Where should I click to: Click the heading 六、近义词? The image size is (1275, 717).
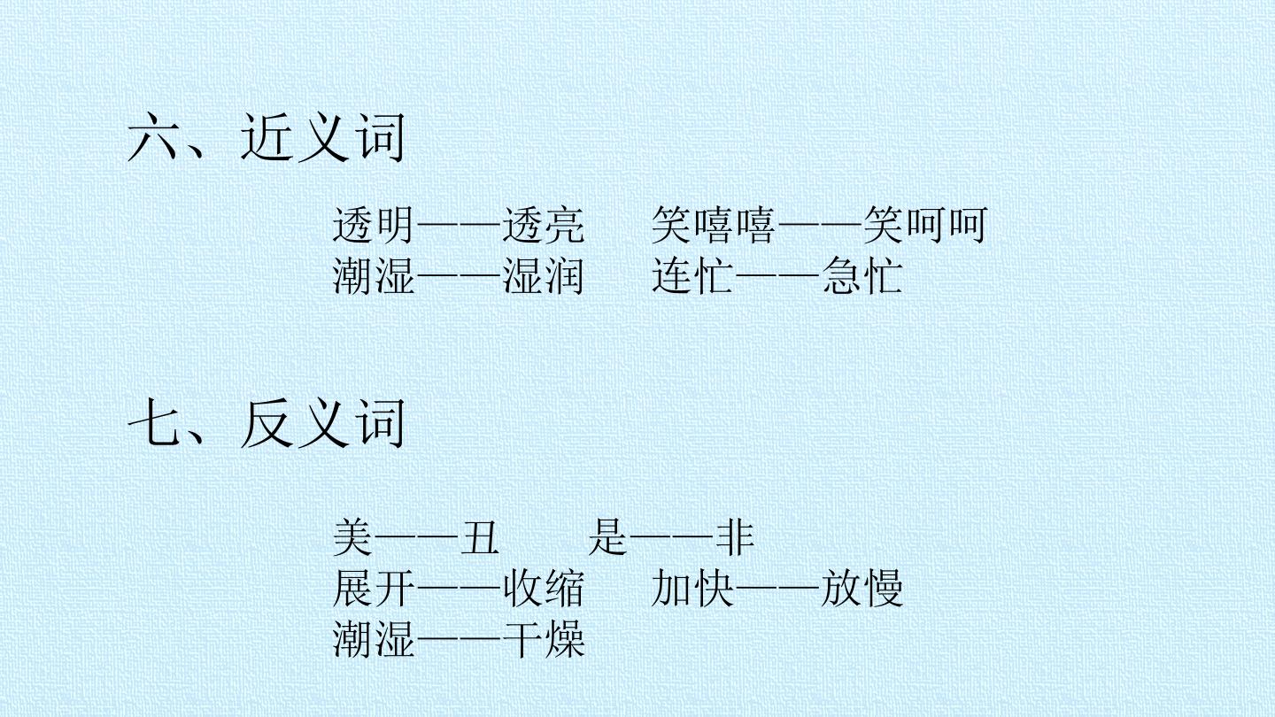(266, 137)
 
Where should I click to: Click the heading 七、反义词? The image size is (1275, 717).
(266, 423)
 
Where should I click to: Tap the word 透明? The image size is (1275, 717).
(374, 226)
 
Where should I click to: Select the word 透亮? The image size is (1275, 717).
(544, 226)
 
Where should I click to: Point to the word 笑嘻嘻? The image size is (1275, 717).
(714, 226)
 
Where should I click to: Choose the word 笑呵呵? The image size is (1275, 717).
(925, 226)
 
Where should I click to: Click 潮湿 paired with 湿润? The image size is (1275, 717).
(374, 276)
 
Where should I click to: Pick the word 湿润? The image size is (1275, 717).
(544, 276)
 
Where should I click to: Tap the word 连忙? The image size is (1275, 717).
(692, 276)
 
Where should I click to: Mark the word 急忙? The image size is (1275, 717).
(862, 276)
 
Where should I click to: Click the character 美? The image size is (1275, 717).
(353, 537)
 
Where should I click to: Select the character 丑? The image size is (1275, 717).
(480, 537)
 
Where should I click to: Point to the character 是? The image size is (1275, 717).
(608, 537)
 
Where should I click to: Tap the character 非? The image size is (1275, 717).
(735, 537)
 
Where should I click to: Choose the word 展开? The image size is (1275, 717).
(374, 589)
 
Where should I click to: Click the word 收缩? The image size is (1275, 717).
(544, 589)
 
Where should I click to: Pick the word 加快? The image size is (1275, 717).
(692, 589)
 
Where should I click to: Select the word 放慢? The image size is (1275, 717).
(862, 589)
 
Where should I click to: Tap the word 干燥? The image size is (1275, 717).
(544, 640)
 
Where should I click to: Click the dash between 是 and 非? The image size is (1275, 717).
(672, 536)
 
